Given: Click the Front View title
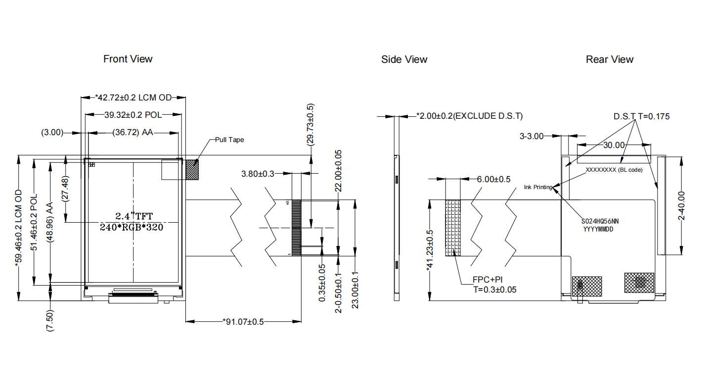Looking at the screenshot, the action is pyautogui.click(x=128, y=59).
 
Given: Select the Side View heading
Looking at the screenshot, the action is pyautogui.click(x=404, y=59).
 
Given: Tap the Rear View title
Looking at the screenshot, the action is pyautogui.click(x=610, y=59).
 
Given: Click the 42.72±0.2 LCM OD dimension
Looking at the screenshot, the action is pyautogui.click(x=133, y=98).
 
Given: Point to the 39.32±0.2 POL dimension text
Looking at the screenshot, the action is pyautogui.click(x=133, y=115).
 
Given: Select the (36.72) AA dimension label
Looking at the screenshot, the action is pyautogui.click(x=133, y=132).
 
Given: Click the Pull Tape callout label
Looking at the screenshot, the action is pyautogui.click(x=229, y=140).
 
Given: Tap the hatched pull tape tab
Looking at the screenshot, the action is pyautogui.click(x=192, y=170).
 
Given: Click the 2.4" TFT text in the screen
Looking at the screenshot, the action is pyautogui.click(x=134, y=216).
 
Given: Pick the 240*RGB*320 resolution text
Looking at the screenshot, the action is pyautogui.click(x=132, y=227).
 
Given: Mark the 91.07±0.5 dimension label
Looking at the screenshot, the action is pyautogui.click(x=243, y=322).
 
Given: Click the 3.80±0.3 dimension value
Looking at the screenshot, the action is pyautogui.click(x=258, y=174).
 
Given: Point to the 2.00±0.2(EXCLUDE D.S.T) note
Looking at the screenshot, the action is pyautogui.click(x=469, y=116).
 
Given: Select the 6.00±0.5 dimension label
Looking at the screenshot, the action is pyautogui.click(x=493, y=179).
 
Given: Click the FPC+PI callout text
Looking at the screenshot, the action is pyautogui.click(x=487, y=280).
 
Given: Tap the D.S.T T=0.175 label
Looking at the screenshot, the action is pyautogui.click(x=641, y=116).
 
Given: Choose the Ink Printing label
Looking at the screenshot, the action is pyautogui.click(x=538, y=187).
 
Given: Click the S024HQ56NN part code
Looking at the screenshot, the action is pyautogui.click(x=600, y=221).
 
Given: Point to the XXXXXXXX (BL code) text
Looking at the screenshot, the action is pyautogui.click(x=614, y=170).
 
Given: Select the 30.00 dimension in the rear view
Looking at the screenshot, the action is pyautogui.click(x=614, y=145).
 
